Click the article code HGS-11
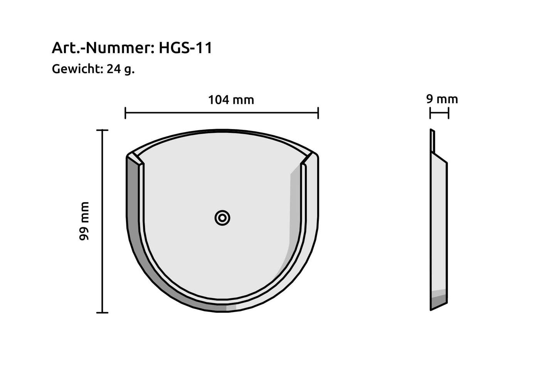click(x=185, y=48)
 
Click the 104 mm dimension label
click(x=231, y=100)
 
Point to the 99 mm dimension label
click(x=84, y=221)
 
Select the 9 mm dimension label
click(x=442, y=99)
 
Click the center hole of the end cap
click(x=222, y=218)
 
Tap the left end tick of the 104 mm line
click(x=126, y=113)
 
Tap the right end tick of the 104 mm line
click(x=318, y=113)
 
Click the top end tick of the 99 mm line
click(x=102, y=130)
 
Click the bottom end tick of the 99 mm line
click(x=102, y=312)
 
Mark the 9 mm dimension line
click(x=439, y=113)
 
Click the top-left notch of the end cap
click(x=136, y=158)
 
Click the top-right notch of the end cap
click(x=308, y=158)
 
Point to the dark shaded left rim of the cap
click(x=133, y=216)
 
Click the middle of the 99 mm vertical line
click(x=102, y=221)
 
